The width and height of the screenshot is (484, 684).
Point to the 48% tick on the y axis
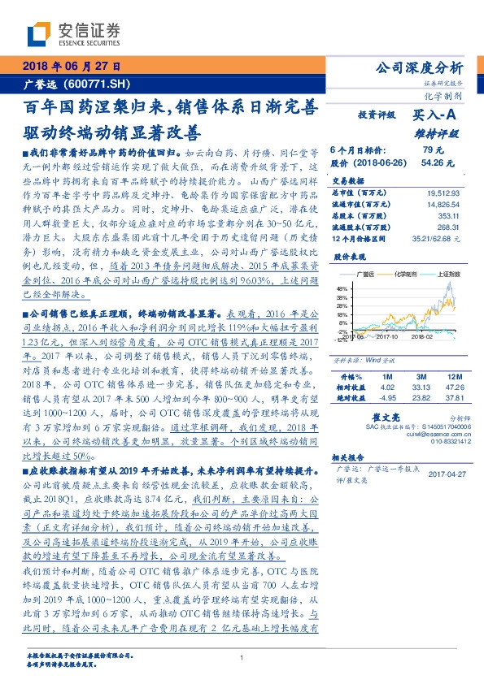click(340, 288)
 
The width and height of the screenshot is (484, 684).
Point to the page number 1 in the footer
click(242, 657)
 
